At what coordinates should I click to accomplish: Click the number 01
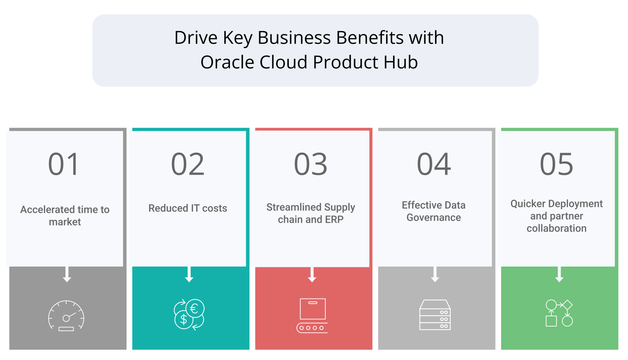pyautogui.click(x=63, y=164)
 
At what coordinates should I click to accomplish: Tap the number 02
pyautogui.click(x=188, y=164)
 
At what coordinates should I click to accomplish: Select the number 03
pyautogui.click(x=311, y=164)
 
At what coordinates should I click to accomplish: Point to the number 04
pyautogui.click(x=434, y=164)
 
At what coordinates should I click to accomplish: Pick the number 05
pyautogui.click(x=556, y=164)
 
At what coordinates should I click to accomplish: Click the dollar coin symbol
pyautogui.click(x=184, y=319)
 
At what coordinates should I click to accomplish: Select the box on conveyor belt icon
pyautogui.click(x=312, y=316)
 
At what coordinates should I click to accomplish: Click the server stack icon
pyautogui.click(x=435, y=315)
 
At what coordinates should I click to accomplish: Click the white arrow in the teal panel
pyautogui.click(x=189, y=274)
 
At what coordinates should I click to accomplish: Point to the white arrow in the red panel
pyautogui.click(x=312, y=274)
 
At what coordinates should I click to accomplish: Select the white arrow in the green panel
pyautogui.click(x=559, y=274)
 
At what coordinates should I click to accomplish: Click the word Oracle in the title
pyautogui.click(x=227, y=62)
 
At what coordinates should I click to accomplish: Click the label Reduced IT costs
pyautogui.click(x=188, y=208)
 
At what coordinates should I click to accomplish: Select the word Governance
pyautogui.click(x=434, y=218)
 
